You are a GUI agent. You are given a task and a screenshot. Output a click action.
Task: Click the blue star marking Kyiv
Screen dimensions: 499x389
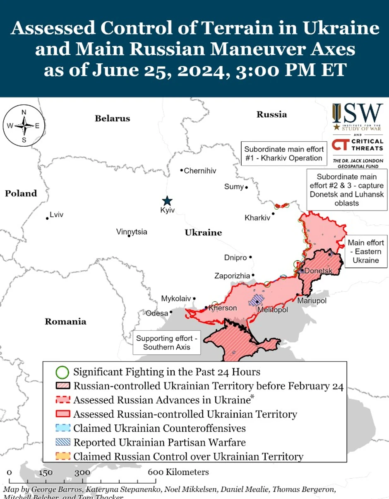click(167, 201)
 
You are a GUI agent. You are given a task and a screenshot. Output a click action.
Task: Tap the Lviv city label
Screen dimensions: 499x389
click(56, 215)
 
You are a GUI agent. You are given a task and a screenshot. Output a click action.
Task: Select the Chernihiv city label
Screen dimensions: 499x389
click(200, 171)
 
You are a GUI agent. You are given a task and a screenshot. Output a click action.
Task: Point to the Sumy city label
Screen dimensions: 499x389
click(234, 187)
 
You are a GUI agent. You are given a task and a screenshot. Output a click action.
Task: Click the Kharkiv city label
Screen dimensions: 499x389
click(257, 218)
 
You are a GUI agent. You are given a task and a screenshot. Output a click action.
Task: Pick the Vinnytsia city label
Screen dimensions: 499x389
click(132, 232)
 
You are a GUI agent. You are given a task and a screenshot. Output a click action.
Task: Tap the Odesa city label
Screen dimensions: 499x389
click(157, 313)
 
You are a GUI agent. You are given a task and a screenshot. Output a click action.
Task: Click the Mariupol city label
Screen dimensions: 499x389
click(312, 301)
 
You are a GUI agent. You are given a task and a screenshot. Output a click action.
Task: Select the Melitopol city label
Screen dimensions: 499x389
click(272, 310)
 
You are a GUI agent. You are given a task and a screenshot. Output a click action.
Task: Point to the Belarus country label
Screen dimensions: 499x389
click(112, 119)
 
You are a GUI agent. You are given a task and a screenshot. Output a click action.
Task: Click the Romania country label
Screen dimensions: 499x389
click(65, 322)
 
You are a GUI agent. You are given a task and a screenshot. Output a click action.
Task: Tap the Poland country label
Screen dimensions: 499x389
click(21, 194)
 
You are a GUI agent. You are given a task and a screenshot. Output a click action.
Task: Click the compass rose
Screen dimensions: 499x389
click(24, 126)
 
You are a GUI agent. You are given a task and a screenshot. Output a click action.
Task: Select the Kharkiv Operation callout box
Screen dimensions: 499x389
click(283, 154)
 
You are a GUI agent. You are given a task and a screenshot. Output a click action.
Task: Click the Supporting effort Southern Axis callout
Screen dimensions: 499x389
click(166, 343)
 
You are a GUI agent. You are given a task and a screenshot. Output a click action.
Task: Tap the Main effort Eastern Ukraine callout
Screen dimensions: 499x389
click(365, 252)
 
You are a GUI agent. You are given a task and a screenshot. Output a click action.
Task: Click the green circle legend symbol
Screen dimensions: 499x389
click(62, 372)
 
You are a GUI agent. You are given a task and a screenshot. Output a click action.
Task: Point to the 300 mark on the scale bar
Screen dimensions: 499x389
click(83, 472)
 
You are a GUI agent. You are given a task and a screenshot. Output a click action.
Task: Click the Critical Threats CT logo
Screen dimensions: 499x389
click(340, 145)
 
